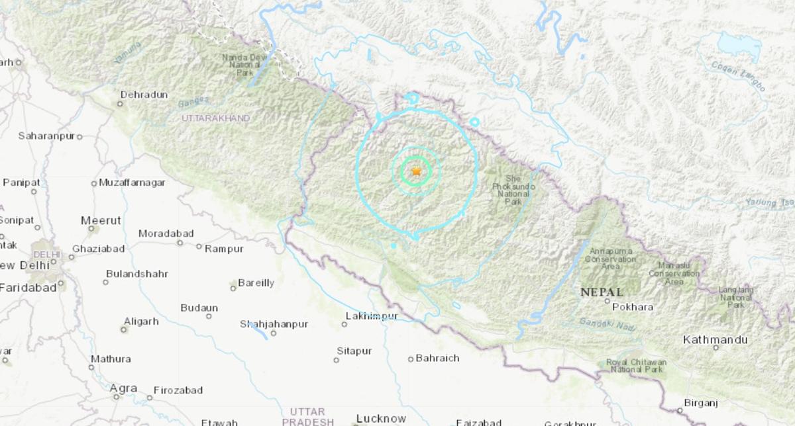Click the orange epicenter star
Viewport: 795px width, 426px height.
click(x=416, y=171)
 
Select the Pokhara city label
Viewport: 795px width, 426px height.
click(x=632, y=307)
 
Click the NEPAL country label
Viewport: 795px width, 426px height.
click(x=601, y=292)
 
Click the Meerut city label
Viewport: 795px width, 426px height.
click(x=101, y=220)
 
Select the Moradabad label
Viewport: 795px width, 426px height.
click(x=166, y=234)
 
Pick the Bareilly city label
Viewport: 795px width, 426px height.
click(x=256, y=283)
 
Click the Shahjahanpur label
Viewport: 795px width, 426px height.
click(x=274, y=324)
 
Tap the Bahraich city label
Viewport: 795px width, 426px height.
click(x=437, y=359)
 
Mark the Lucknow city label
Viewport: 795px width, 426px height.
click(x=381, y=418)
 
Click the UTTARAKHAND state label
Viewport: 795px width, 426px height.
click(x=216, y=118)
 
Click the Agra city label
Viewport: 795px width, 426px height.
click(x=123, y=389)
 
